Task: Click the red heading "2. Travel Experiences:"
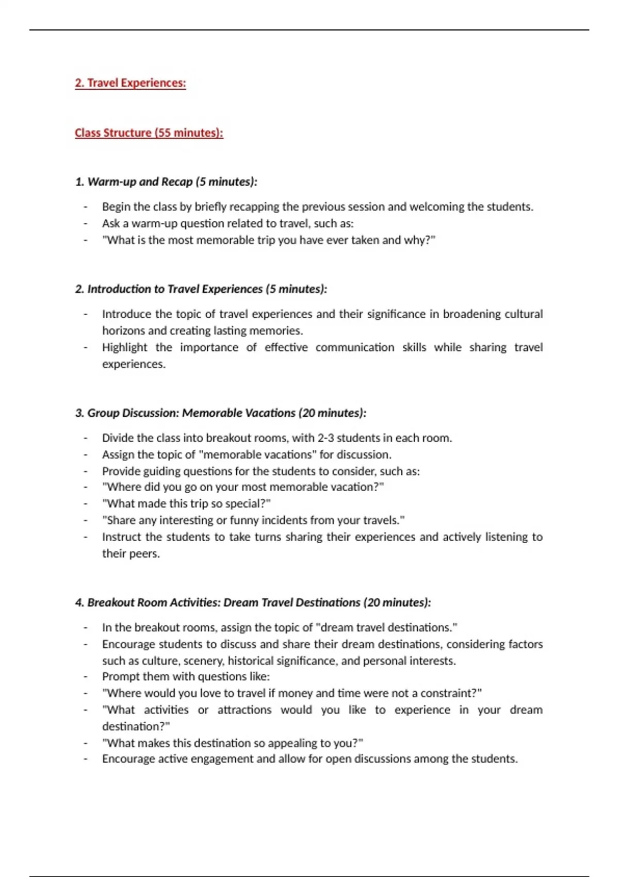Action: point(130,83)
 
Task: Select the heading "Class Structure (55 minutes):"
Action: point(149,133)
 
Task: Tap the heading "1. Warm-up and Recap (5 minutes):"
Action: point(166,182)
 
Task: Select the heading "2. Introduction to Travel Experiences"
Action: point(201,289)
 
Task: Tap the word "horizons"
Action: point(123,331)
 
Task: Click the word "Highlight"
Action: point(124,347)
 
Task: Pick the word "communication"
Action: point(355,347)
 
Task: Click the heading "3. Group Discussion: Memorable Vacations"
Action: point(220,413)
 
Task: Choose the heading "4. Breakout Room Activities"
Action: point(253,603)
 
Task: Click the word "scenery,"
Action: point(204,661)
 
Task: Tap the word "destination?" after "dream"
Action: point(136,726)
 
